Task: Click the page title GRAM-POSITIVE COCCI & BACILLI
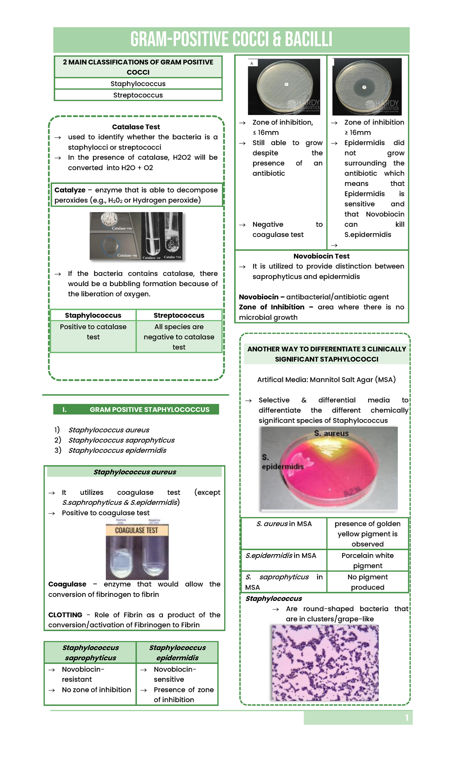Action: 231,40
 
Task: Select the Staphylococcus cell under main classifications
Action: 138,84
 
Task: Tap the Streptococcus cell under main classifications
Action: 138,95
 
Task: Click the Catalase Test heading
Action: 136,127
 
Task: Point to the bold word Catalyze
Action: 70,190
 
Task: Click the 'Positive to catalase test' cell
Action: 93,332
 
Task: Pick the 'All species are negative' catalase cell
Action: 179,337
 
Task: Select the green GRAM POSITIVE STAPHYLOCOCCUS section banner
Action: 136,410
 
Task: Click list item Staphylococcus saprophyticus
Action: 121,440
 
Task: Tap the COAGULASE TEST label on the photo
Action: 137,530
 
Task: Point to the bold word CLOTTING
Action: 65,615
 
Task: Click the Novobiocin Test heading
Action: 321,256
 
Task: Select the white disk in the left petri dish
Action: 286,84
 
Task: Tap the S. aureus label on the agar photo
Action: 331,433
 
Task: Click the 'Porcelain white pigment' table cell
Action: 367,560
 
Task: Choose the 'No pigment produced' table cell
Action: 367,582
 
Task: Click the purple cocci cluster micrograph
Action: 325,663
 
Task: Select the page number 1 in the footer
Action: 407,718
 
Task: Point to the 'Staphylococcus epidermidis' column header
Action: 177,652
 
